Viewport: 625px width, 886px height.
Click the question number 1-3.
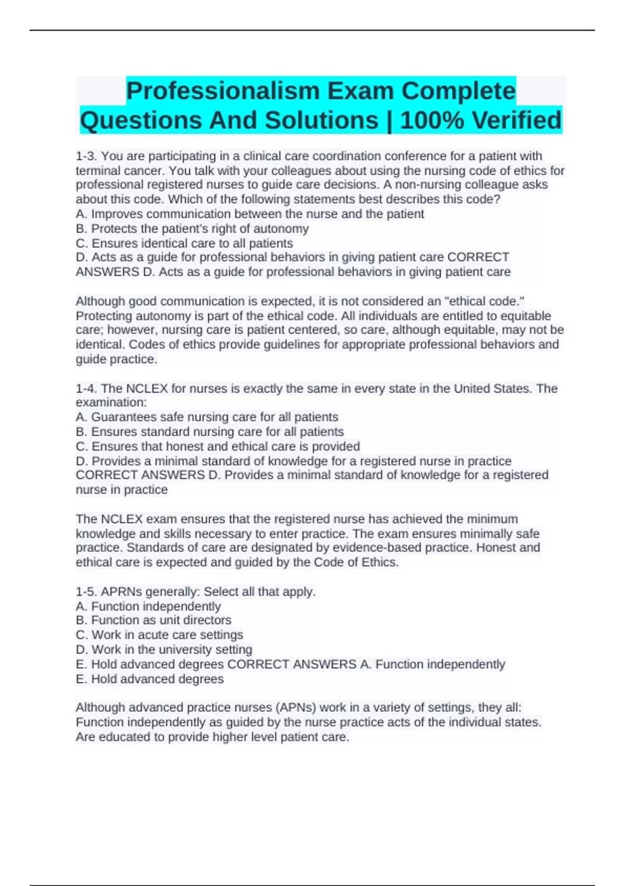click(86, 156)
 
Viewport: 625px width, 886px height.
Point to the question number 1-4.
click(86, 389)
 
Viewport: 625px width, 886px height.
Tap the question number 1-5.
click(86, 592)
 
